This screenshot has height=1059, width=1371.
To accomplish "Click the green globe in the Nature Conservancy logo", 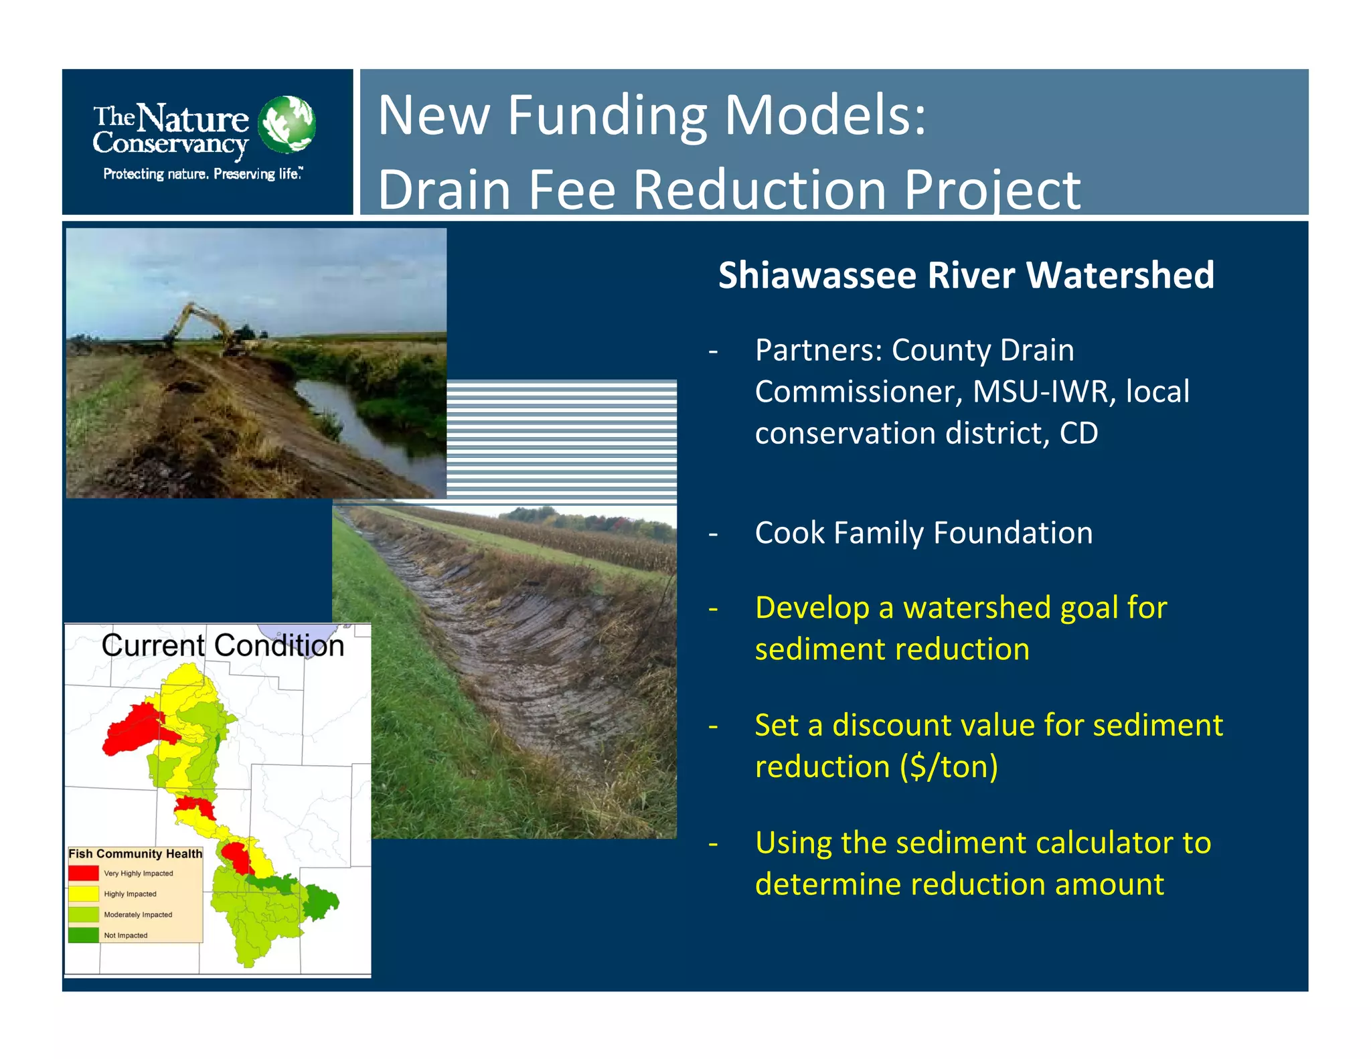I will (287, 125).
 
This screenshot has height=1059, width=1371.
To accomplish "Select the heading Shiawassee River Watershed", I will (966, 275).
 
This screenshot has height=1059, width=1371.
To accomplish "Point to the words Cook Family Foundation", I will (923, 533).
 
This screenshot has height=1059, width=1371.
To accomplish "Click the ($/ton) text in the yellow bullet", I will (949, 766).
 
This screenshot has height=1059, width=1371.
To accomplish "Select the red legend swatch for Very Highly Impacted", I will (84, 873).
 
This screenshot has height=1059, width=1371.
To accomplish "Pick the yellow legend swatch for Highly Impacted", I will (84, 894).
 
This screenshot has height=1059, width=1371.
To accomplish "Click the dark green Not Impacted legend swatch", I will (84, 935).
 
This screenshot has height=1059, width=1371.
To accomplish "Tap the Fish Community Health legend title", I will (135, 853).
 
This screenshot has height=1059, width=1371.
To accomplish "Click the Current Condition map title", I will (222, 645).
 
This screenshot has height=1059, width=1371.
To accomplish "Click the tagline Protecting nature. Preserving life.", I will (202, 174).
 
